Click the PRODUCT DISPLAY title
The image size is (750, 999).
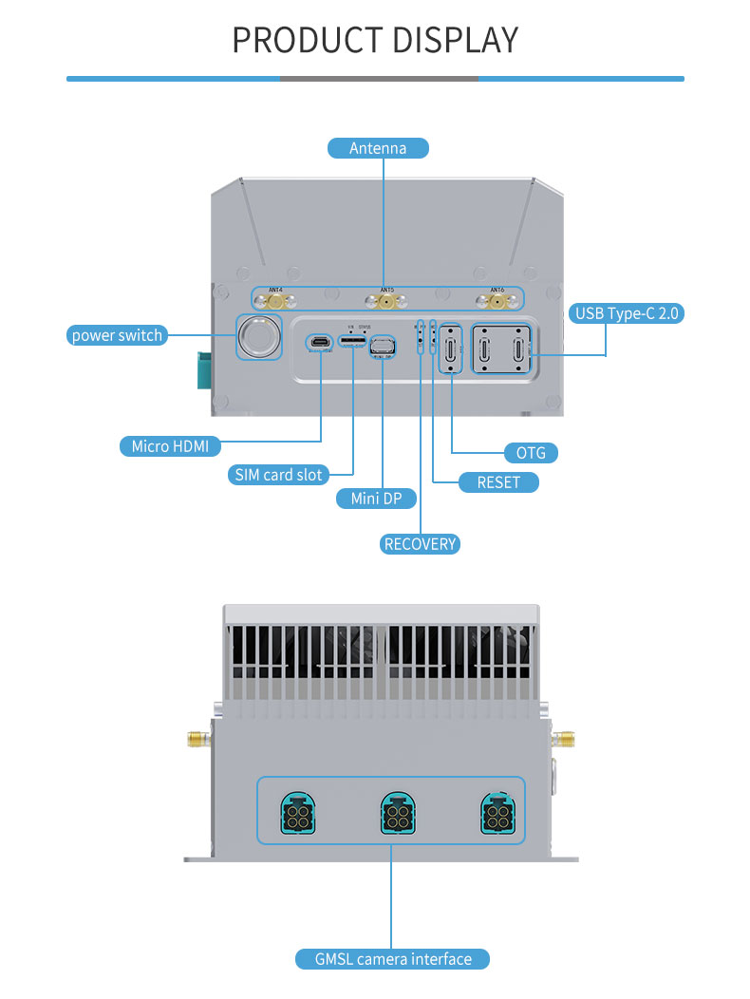pos(375,40)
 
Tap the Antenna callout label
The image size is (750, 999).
pos(378,148)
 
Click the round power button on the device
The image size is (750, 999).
pos(258,335)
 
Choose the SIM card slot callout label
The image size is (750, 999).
pos(278,474)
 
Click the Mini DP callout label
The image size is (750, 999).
pos(377,499)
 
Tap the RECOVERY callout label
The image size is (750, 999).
pos(420,544)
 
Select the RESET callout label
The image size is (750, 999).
pos(498,482)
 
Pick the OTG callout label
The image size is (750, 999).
pos(530,453)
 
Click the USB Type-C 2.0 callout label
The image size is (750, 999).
pos(628,313)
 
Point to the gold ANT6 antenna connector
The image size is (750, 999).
pos(497,303)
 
